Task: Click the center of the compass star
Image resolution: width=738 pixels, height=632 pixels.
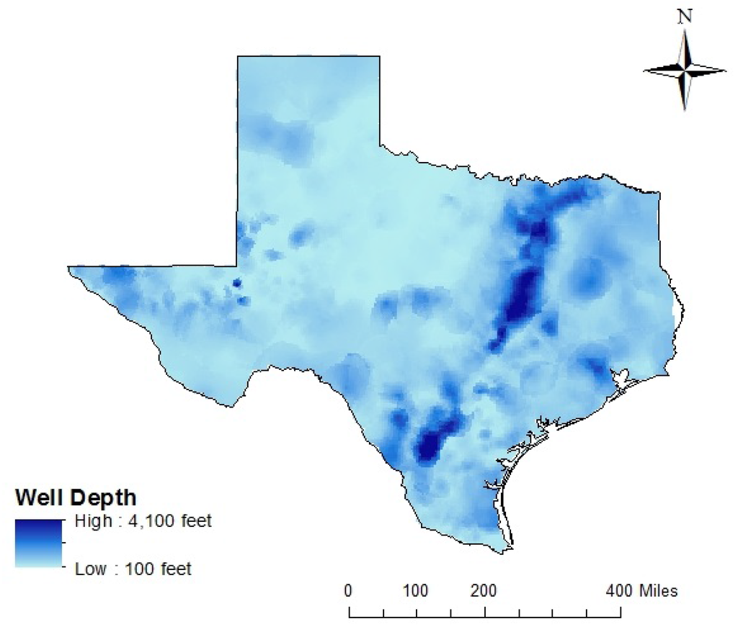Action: (x=685, y=70)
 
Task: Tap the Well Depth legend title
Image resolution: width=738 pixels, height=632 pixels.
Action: (x=76, y=497)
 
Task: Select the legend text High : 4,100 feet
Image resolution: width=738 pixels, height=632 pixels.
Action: (x=143, y=520)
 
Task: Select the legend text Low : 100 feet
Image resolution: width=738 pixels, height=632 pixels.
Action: (x=133, y=569)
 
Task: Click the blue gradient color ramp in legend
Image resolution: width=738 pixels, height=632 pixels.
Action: (x=40, y=543)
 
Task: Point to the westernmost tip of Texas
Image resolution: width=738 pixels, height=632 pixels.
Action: (x=70, y=268)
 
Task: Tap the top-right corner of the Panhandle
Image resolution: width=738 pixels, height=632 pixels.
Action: (x=379, y=57)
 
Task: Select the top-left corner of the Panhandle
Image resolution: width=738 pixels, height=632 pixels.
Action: (x=239, y=57)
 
